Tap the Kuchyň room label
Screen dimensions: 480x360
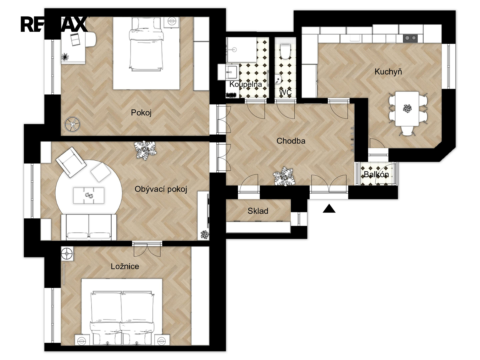(388, 71)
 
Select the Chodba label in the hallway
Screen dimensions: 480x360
(291, 141)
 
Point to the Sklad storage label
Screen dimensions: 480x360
(258, 211)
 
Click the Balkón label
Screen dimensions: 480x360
(376, 174)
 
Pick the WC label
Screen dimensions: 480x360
(285, 92)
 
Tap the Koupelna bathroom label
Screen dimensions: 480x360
(246, 84)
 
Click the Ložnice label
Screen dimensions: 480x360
(125, 266)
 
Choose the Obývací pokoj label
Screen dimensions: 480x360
(161, 189)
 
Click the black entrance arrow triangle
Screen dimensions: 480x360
(329, 209)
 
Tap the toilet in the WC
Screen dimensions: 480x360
(285, 52)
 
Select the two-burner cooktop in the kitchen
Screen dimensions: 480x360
(410, 38)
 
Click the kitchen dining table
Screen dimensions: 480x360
(407, 109)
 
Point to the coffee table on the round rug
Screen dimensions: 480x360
(89, 195)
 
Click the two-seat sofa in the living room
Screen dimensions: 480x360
(89, 227)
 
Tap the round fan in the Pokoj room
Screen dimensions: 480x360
(72, 124)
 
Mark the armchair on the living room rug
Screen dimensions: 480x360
(71, 162)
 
